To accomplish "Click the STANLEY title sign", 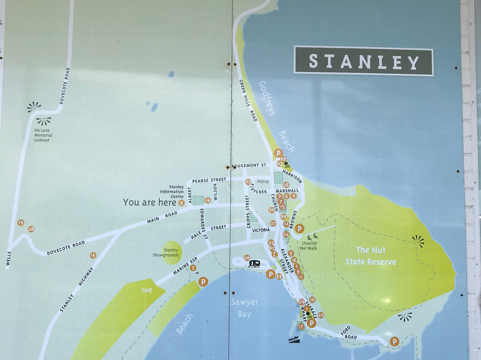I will pyautogui.click(x=363, y=61).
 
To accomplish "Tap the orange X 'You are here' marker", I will pyautogui.click(x=181, y=203).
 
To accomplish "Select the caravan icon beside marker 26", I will pyautogui.click(x=254, y=263).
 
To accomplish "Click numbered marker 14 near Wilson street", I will pyautogui.click(x=207, y=200).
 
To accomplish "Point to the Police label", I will pyautogui.click(x=263, y=181).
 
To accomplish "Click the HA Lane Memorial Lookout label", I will pyautogui.click(x=43, y=135).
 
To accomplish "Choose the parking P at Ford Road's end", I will pyautogui.click(x=394, y=341).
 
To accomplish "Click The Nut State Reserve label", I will pyautogui.click(x=371, y=256).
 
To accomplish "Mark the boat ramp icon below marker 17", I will pyautogui.click(x=294, y=340).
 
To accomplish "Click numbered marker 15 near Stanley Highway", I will pyautogui.click(x=93, y=255).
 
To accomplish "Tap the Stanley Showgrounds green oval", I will pyautogui.click(x=171, y=253).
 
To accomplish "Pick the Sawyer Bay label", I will pyautogui.click(x=244, y=308).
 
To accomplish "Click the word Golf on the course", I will pyautogui.click(x=147, y=290).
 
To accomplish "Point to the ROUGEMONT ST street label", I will pyautogui.click(x=249, y=165).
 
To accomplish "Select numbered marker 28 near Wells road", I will pyautogui.click(x=31, y=229).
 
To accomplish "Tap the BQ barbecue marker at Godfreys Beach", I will pyautogui.click(x=279, y=164).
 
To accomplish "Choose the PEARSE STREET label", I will pyautogui.click(x=208, y=180).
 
